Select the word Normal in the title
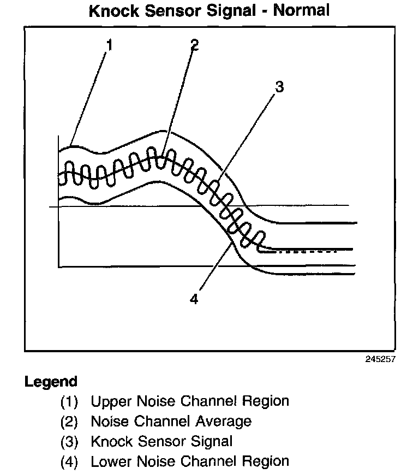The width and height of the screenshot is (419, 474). [x=302, y=10]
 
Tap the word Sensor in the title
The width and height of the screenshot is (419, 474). [x=183, y=10]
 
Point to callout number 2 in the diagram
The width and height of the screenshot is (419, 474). [x=194, y=45]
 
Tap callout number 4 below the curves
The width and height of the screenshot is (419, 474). [x=194, y=299]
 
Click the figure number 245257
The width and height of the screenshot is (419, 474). [x=377, y=359]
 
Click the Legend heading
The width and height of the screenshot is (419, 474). [x=51, y=381]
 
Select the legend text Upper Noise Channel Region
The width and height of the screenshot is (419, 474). [x=189, y=401]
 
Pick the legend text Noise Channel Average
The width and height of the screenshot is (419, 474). [x=171, y=421]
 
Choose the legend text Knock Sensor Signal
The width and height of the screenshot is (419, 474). [x=161, y=441]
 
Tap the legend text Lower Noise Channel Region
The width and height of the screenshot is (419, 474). [x=189, y=460]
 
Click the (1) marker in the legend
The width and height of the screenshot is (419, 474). [x=69, y=402]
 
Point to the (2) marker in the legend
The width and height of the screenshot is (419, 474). [x=69, y=422]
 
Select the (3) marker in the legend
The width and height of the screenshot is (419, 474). [x=69, y=441]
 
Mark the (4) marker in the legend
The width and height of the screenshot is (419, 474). [x=69, y=461]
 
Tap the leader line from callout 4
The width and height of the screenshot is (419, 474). [x=214, y=268]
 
